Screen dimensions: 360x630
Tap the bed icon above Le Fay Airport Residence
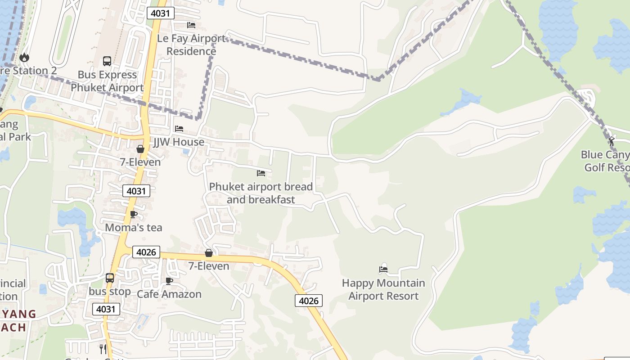click(x=191, y=25)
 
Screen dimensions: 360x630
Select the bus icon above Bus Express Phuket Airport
click(x=107, y=61)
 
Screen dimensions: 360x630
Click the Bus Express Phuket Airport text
click(x=107, y=81)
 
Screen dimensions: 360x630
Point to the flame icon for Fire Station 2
click(x=24, y=57)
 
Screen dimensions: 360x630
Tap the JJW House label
click(x=179, y=142)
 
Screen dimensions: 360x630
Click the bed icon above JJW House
click(x=179, y=129)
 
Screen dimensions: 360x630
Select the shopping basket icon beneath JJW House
click(x=140, y=149)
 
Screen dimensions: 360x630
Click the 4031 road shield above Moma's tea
click(x=136, y=191)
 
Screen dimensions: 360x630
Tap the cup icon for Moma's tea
click(x=133, y=214)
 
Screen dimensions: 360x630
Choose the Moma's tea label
click(x=133, y=228)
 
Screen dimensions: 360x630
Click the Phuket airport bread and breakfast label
click(x=261, y=193)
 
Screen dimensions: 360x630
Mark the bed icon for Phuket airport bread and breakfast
click(x=261, y=173)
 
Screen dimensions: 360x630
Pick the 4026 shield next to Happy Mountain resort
click(x=309, y=301)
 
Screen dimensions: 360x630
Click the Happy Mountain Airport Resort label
click(x=383, y=289)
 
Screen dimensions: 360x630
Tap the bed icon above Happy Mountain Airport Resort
click(x=383, y=270)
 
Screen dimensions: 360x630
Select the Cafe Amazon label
click(x=169, y=294)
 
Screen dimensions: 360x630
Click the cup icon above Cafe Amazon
click(x=169, y=281)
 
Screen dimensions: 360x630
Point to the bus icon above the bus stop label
click(x=110, y=278)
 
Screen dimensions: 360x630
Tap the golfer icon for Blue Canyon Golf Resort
click(x=612, y=141)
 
